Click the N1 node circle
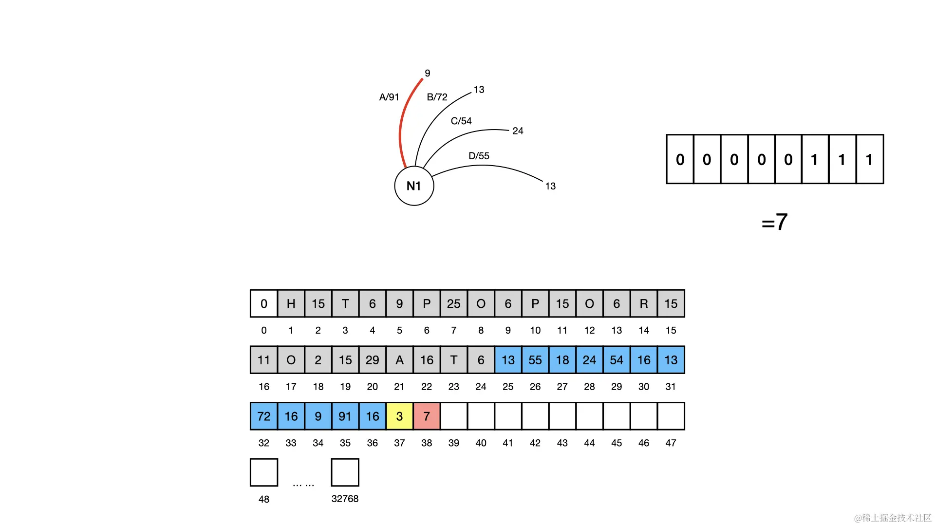[414, 186]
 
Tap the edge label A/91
[389, 97]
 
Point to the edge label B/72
[437, 97]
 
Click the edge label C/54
[461, 121]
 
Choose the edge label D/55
[479, 156]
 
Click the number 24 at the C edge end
[518, 131]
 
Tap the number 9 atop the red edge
[427, 73]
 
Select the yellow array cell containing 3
[399, 416]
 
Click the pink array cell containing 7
[427, 416]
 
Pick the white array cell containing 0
[264, 303]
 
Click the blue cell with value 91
[345, 416]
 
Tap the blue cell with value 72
[264, 416]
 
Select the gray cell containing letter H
[291, 303]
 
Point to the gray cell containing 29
[372, 360]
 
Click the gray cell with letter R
[644, 303]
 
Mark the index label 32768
[345, 499]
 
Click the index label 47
[671, 443]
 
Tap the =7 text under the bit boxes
[774, 222]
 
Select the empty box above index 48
[264, 472]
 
